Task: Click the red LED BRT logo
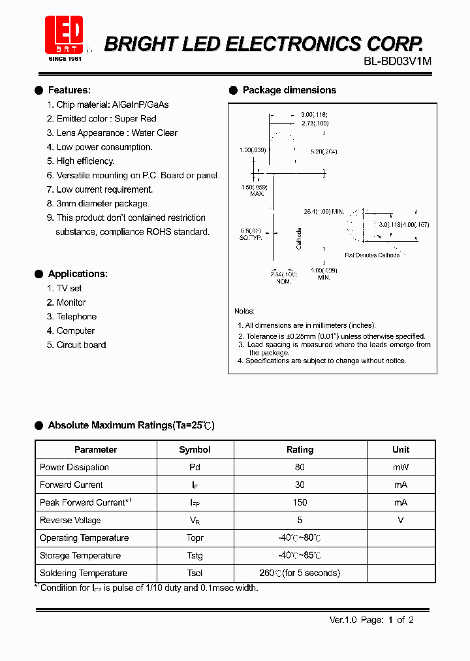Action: (x=64, y=34)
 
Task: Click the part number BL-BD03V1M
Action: (x=398, y=61)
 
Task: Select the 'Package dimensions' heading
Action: (x=289, y=90)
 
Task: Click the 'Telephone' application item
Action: (x=76, y=317)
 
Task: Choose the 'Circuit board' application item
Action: (x=81, y=345)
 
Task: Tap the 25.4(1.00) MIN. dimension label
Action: (x=323, y=212)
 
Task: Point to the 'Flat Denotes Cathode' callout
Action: (x=371, y=255)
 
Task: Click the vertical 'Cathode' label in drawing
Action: (x=299, y=238)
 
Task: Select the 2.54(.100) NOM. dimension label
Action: (x=283, y=277)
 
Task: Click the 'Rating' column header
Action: (x=300, y=449)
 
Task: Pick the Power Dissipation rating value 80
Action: (x=300, y=467)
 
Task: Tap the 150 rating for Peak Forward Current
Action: (x=300, y=502)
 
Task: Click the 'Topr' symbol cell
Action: (x=195, y=538)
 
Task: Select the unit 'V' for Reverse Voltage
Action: (x=400, y=521)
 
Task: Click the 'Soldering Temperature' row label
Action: (x=84, y=573)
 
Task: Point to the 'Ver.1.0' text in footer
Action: (x=343, y=620)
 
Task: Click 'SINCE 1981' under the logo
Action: (x=64, y=59)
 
